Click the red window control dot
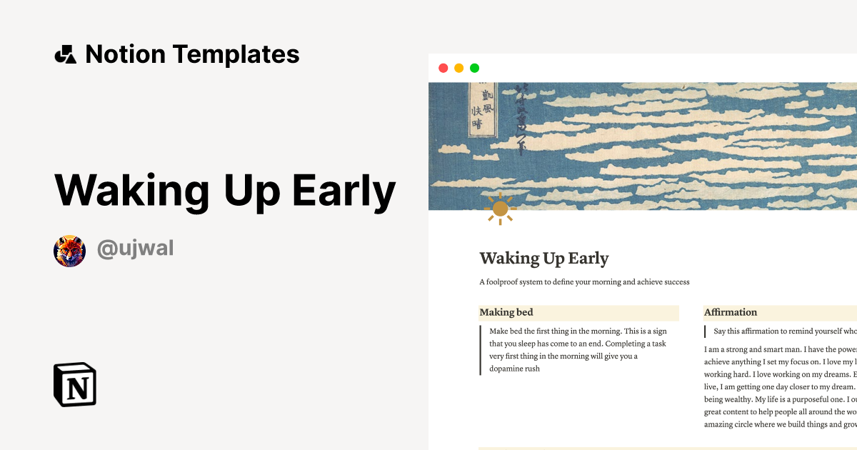443,68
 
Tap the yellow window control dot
458,68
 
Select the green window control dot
474,68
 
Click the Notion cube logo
75,384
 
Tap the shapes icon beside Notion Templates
65,54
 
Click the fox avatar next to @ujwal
69,251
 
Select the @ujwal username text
136,249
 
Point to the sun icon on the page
500,209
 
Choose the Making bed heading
506,312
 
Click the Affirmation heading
731,312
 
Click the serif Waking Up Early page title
544,258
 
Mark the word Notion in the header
125,54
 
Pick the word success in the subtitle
674,282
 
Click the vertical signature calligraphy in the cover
521,118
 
